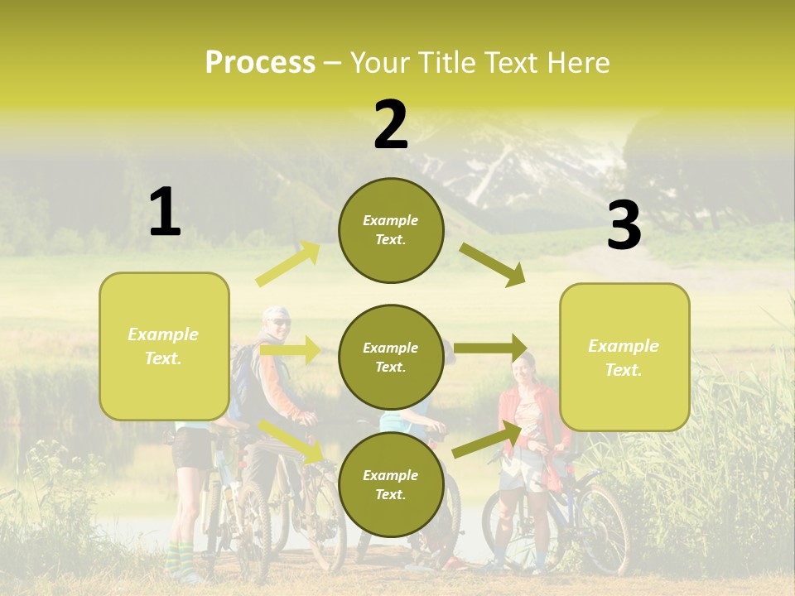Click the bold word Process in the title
(260, 63)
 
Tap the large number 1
(165, 213)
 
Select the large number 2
(391, 125)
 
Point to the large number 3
(624, 225)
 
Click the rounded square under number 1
(164, 346)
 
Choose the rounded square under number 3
(624, 357)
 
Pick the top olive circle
(391, 230)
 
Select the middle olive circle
(391, 357)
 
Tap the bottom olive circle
(391, 484)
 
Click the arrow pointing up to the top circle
(288, 264)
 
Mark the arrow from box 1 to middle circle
(290, 350)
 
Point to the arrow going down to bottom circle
(291, 440)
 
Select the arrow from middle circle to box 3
(491, 348)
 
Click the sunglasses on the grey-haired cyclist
(279, 322)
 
